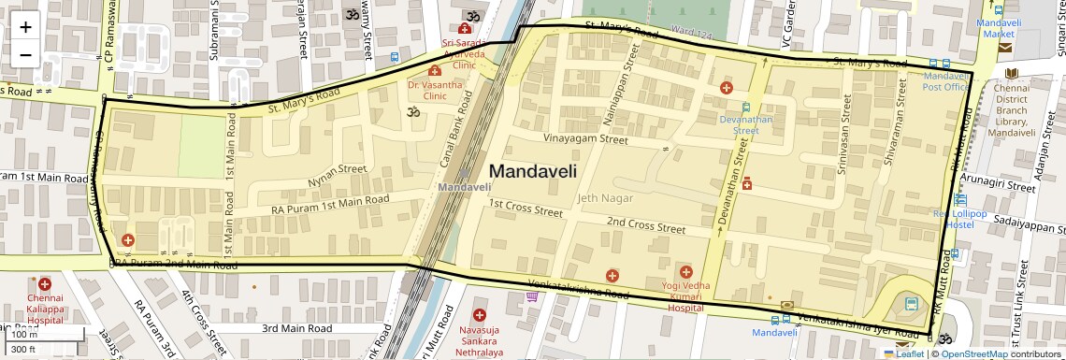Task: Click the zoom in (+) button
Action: tap(25, 27)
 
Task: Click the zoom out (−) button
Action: tap(25, 54)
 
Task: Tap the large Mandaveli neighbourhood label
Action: tap(532, 171)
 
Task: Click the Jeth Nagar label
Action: tap(605, 198)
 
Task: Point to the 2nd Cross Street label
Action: tap(645, 224)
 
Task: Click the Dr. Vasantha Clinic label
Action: tap(435, 90)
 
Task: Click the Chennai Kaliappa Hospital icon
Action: tap(44, 283)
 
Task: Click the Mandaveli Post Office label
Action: tap(946, 80)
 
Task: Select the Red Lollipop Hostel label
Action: tap(959, 219)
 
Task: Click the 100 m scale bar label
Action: tap(25, 334)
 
